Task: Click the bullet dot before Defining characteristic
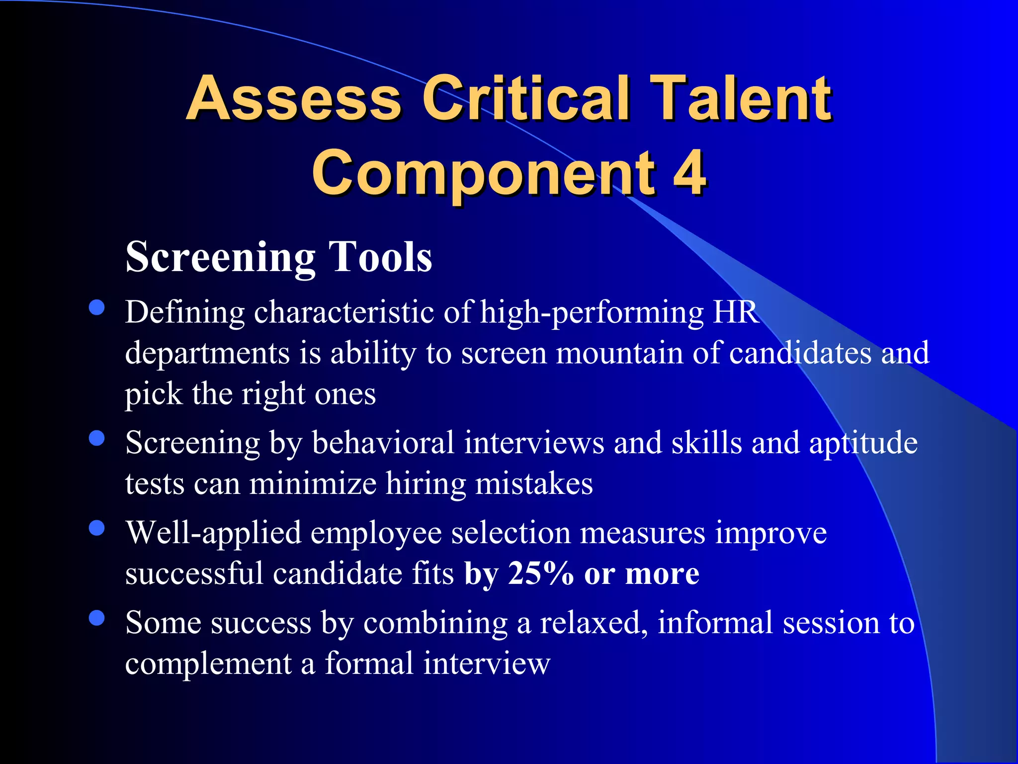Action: point(96,307)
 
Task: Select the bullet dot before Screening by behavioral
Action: point(96,438)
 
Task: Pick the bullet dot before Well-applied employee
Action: point(96,528)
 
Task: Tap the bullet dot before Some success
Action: point(96,618)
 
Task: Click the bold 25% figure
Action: point(541,573)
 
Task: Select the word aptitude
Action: point(863,444)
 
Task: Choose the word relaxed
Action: point(594,623)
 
